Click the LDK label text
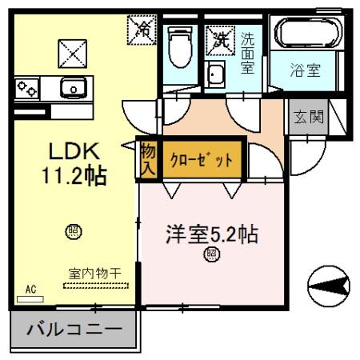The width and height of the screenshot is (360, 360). point(75,151)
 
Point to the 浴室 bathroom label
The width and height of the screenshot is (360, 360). point(305,70)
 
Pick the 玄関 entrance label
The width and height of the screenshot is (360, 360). point(307,117)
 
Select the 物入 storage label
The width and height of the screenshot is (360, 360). point(148,159)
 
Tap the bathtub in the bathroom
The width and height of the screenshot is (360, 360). point(308,34)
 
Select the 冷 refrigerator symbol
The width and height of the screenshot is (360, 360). point(142,30)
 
